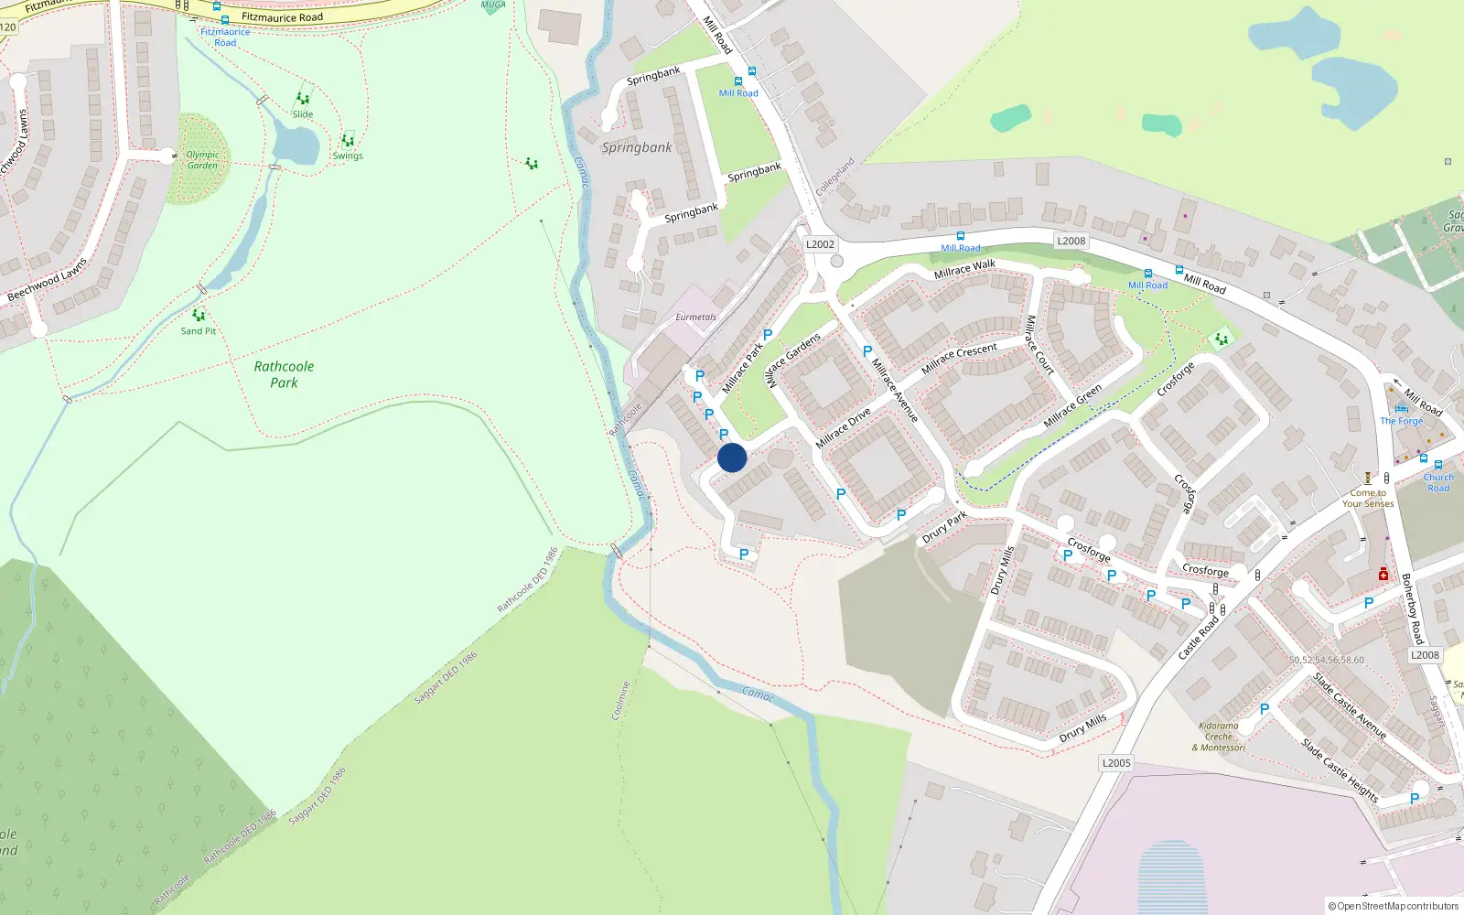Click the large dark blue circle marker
click(732, 457)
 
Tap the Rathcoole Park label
click(284, 374)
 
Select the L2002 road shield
click(820, 244)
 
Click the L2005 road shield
click(1116, 763)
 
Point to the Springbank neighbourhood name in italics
click(637, 147)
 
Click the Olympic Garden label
click(202, 160)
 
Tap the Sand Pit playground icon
click(199, 316)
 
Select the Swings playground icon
click(348, 141)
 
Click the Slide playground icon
click(303, 99)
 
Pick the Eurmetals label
click(695, 318)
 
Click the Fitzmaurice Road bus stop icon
click(224, 20)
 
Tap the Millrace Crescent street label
click(959, 358)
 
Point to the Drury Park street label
click(944, 528)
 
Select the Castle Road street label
click(1198, 638)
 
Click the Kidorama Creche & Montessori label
click(1219, 737)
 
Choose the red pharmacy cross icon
click(1383, 574)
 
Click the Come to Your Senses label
click(1368, 498)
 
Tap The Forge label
click(1402, 421)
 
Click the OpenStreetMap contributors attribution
click(1394, 906)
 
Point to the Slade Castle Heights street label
click(1340, 770)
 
